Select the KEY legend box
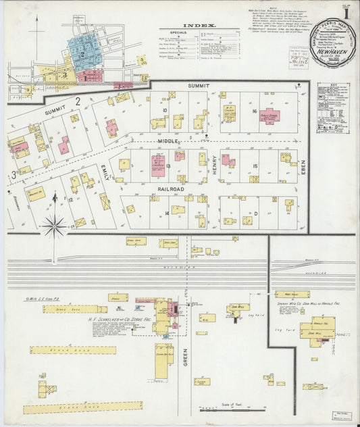(333, 99)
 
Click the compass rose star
(55, 226)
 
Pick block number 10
(164, 109)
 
